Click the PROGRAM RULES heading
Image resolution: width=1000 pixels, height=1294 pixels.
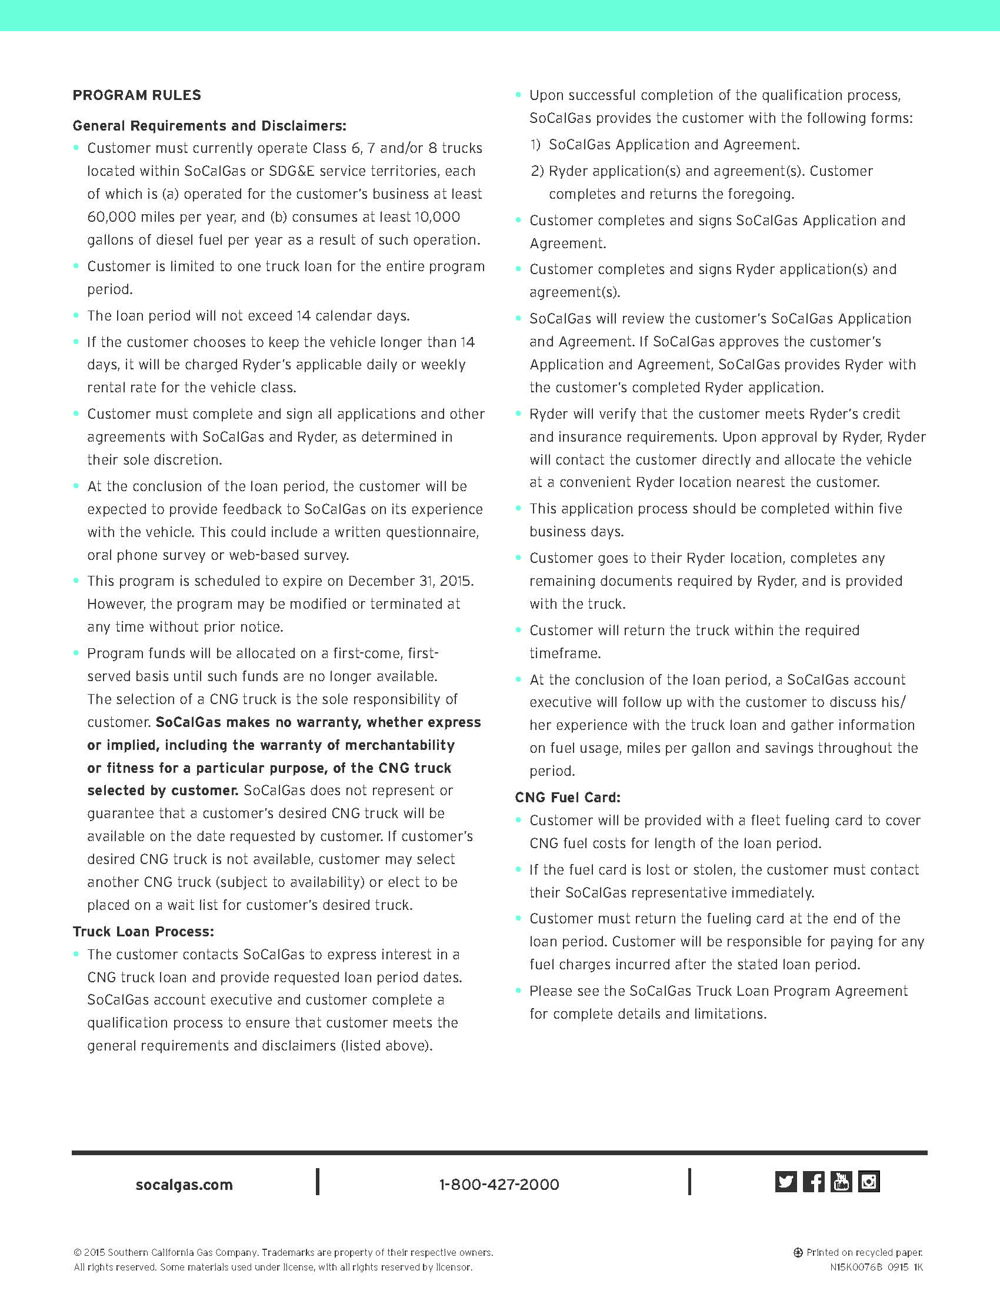137,95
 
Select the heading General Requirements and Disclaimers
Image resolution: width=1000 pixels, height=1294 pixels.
209,126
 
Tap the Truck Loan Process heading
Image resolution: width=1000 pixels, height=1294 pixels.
144,932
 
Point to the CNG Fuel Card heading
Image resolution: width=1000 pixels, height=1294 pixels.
568,798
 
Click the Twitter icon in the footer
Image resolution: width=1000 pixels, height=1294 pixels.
785,1182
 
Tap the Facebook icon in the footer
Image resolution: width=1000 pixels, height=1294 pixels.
814,1182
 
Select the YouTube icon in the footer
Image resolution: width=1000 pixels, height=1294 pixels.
841,1182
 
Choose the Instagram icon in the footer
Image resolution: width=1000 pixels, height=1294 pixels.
869,1182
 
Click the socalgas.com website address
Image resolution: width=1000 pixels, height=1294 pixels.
184,1185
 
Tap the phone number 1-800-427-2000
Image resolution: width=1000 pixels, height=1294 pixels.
499,1185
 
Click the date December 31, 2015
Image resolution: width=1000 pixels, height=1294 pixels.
410,581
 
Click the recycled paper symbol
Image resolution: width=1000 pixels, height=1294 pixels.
798,1252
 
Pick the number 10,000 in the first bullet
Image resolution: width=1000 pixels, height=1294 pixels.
437,217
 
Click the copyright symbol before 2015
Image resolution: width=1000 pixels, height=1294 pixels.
77,1252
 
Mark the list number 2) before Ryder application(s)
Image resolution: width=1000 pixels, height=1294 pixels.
536,171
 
